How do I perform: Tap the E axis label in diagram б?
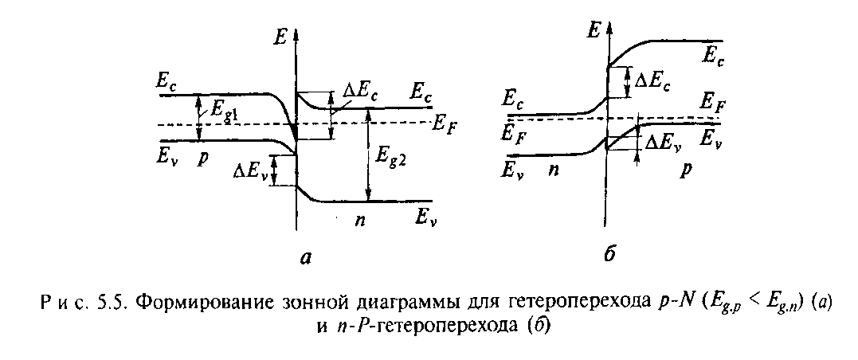click(x=593, y=31)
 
